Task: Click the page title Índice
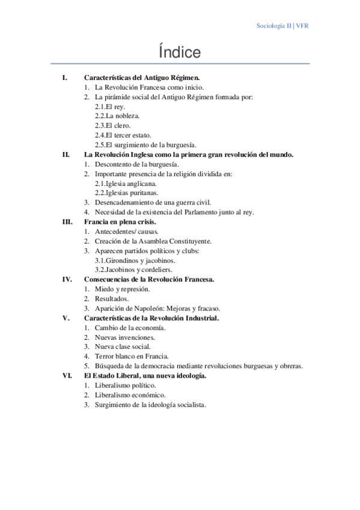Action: click(x=180, y=52)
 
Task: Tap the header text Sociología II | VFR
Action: click(x=282, y=26)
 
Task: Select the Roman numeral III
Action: click(x=67, y=221)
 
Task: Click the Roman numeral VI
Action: click(x=67, y=375)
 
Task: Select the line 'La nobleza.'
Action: click(x=117, y=115)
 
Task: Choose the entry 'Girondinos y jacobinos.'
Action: click(x=135, y=260)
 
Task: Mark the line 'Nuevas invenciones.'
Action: click(x=124, y=337)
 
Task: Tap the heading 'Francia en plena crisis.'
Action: click(x=120, y=221)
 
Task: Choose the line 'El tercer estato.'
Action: click(x=124, y=135)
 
